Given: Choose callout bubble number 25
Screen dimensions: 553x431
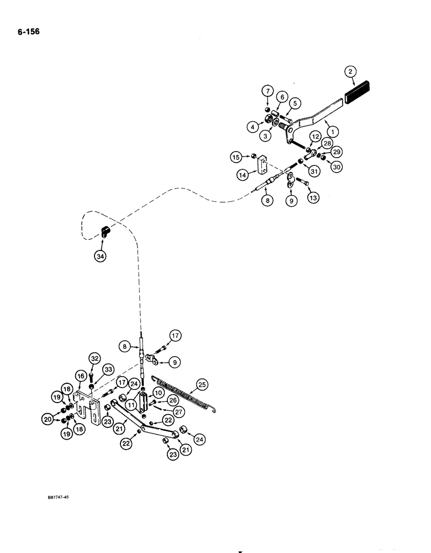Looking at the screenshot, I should click(x=202, y=383).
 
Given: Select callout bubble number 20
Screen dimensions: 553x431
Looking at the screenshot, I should click(x=50, y=420).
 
